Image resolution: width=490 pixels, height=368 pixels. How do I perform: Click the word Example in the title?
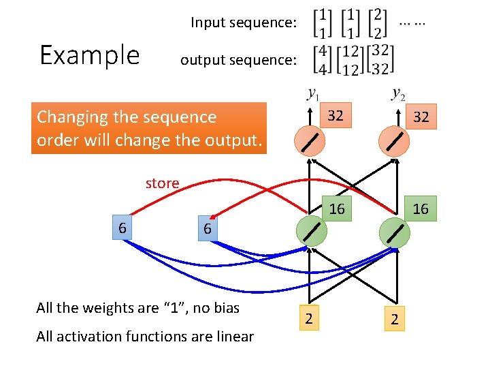(89, 55)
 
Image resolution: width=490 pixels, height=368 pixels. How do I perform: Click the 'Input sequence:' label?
(243, 23)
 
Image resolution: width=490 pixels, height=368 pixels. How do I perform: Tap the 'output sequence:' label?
(238, 61)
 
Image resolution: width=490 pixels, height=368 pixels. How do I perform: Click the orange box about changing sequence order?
(149, 127)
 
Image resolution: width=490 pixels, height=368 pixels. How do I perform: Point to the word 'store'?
(162, 183)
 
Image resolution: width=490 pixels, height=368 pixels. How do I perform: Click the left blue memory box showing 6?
(122, 228)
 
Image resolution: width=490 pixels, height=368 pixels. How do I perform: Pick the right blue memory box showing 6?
(207, 229)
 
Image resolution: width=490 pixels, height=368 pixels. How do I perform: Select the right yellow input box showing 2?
(394, 318)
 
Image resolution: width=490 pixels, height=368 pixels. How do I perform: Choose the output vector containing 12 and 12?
(350, 61)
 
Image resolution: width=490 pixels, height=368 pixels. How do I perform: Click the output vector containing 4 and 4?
(323, 61)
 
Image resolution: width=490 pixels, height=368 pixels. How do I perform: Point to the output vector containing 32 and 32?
(380, 61)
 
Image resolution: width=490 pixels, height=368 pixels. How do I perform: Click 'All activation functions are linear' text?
(145, 336)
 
